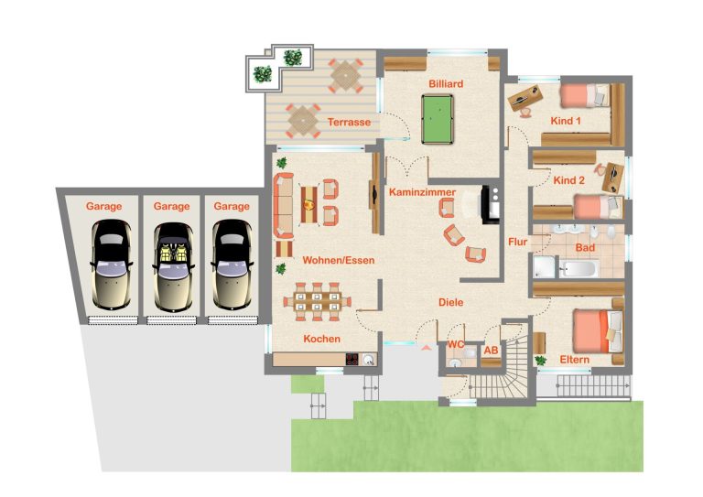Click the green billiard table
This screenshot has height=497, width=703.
(x=438, y=119)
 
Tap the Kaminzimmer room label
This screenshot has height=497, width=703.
(x=422, y=192)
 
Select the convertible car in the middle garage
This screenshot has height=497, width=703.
(x=173, y=266)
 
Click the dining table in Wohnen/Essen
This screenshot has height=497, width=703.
(x=317, y=302)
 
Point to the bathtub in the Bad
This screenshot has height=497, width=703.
(x=579, y=268)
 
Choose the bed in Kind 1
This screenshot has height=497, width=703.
(x=585, y=95)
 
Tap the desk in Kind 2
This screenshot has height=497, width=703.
(x=613, y=178)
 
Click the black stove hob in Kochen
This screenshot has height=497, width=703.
(x=351, y=359)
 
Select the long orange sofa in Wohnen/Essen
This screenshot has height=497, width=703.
(x=284, y=205)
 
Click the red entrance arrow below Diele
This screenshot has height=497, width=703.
(x=427, y=346)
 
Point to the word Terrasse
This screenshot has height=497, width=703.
(x=349, y=122)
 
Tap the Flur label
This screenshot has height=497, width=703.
(x=517, y=242)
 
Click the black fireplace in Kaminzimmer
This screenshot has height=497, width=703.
(x=491, y=204)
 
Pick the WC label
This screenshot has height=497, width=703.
(x=456, y=345)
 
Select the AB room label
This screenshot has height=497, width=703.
(x=491, y=350)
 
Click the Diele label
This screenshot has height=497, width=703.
(x=450, y=303)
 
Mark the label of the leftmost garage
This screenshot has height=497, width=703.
(x=103, y=207)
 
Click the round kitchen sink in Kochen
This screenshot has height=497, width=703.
(x=369, y=359)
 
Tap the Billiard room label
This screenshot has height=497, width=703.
(x=446, y=84)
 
